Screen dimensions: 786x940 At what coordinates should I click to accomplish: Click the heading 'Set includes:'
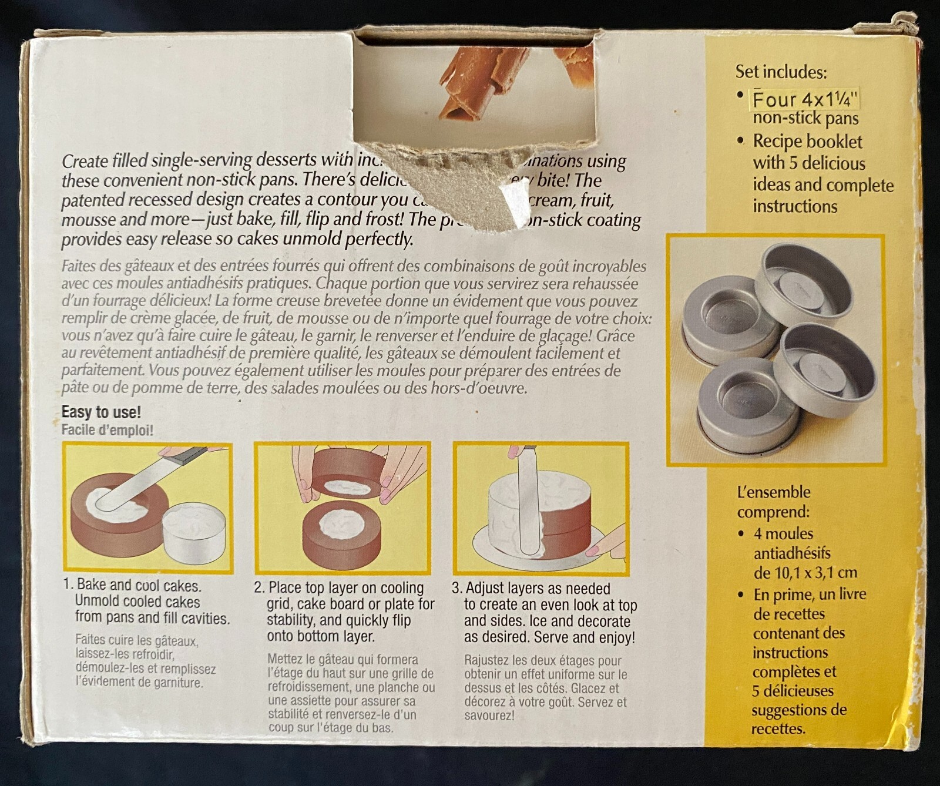coord(781,72)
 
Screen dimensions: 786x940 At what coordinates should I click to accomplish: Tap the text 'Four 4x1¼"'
coord(804,99)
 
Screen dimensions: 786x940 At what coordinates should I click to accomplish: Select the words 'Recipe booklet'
coord(807,142)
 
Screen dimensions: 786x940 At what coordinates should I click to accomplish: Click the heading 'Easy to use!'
coord(101,412)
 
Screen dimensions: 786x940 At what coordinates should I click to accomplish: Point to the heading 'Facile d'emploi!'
coord(107,430)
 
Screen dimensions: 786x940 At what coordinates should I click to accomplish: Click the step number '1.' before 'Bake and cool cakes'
coord(69,585)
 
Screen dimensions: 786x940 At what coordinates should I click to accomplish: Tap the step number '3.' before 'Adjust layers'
coord(458,588)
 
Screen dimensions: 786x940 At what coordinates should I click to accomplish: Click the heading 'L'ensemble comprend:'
coord(774,501)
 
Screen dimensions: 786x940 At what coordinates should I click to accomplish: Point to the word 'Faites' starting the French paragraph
coord(78,266)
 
